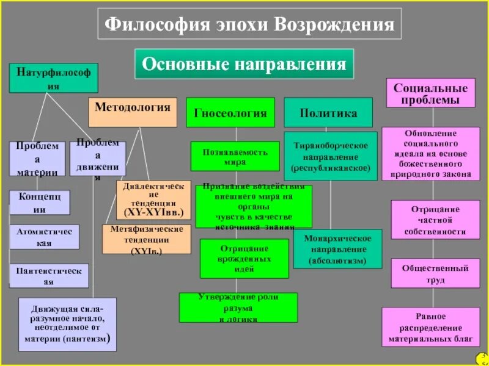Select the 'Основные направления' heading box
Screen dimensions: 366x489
click(244, 63)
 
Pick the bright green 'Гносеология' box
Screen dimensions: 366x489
click(230, 112)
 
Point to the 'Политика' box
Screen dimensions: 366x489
click(328, 112)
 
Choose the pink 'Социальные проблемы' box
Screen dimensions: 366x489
click(431, 93)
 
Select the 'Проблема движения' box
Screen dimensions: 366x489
click(98, 159)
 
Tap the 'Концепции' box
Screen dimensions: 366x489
click(40, 203)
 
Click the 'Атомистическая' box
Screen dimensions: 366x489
click(44, 237)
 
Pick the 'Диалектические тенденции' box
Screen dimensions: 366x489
click(153, 199)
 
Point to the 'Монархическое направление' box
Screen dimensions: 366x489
click(337, 248)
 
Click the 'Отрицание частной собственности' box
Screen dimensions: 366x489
click(435, 220)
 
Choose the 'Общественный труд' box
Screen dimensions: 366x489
click(435, 273)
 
